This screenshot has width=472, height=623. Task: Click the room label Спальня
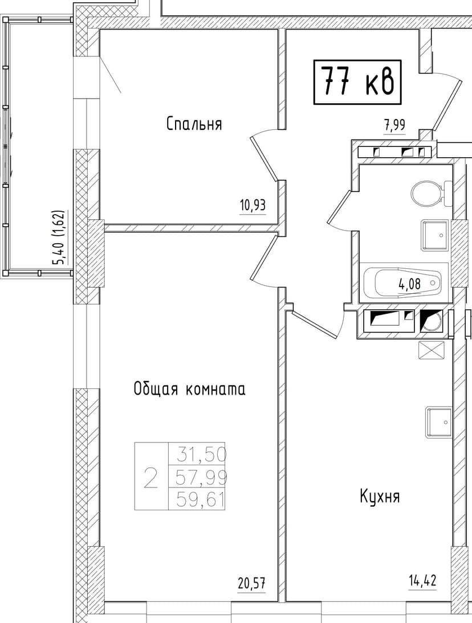(x=194, y=124)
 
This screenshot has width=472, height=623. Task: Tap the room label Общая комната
(x=189, y=390)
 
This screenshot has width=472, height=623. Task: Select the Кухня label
(x=380, y=496)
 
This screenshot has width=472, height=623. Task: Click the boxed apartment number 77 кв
(x=358, y=83)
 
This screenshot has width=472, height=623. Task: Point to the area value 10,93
(x=253, y=205)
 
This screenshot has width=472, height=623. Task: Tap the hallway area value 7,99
(x=394, y=125)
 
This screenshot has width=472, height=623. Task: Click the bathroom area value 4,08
(x=410, y=283)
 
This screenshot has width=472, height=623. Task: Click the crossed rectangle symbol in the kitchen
(x=430, y=350)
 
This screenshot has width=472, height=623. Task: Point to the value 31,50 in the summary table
(x=202, y=454)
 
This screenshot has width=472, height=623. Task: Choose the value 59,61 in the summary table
(x=202, y=499)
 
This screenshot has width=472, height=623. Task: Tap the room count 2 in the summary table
(x=150, y=477)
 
